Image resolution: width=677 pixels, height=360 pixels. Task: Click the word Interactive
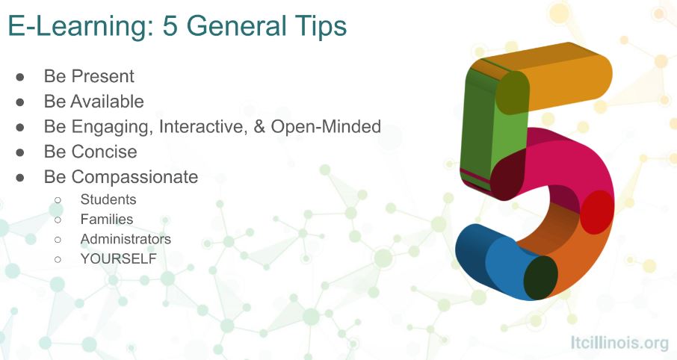click(197, 127)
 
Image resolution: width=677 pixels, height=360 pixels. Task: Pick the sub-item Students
click(108, 199)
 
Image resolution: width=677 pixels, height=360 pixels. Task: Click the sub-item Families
click(107, 220)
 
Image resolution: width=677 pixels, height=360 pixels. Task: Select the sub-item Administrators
click(126, 239)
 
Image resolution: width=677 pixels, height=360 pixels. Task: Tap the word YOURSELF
click(119, 259)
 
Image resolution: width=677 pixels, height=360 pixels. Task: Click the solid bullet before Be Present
click(20, 77)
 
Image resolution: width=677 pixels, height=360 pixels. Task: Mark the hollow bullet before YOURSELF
click(58, 259)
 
